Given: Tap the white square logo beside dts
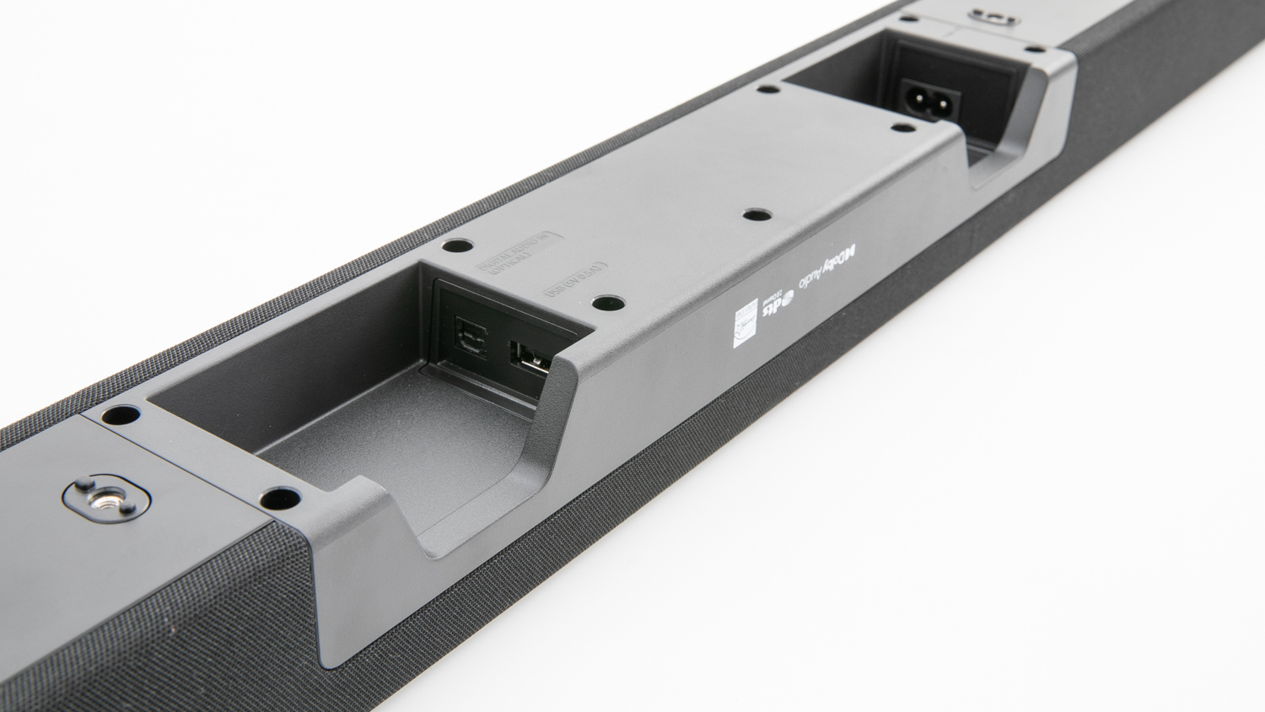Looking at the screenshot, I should pos(744,323).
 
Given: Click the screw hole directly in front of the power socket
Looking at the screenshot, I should pos(902,128).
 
